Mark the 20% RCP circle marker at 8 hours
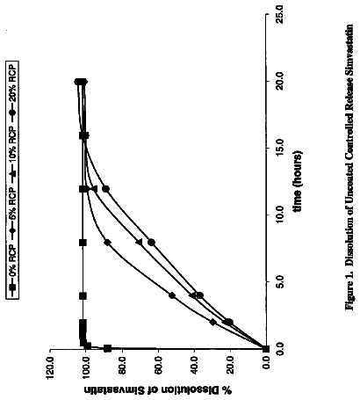(x=151, y=243)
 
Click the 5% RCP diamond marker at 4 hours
(x=172, y=295)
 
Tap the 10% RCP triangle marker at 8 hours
(x=140, y=242)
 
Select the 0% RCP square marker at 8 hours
(x=83, y=243)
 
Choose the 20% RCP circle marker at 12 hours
(x=106, y=189)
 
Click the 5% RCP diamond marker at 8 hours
(x=107, y=243)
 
